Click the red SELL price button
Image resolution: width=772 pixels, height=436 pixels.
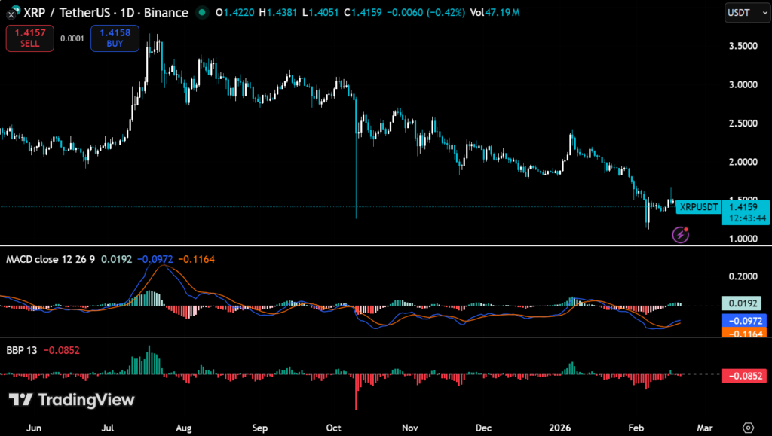[30, 38]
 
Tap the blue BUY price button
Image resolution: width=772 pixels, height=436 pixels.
[115, 38]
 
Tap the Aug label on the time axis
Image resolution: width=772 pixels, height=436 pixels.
[183, 428]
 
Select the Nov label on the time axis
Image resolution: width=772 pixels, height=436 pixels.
[409, 428]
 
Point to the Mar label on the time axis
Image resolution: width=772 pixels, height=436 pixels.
[704, 428]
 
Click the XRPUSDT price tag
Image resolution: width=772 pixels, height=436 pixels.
[698, 206]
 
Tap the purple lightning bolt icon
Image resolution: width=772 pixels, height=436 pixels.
[681, 235]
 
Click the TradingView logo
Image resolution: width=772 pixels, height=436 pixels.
[72, 400]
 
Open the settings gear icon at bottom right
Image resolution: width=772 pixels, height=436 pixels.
[748, 428]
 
